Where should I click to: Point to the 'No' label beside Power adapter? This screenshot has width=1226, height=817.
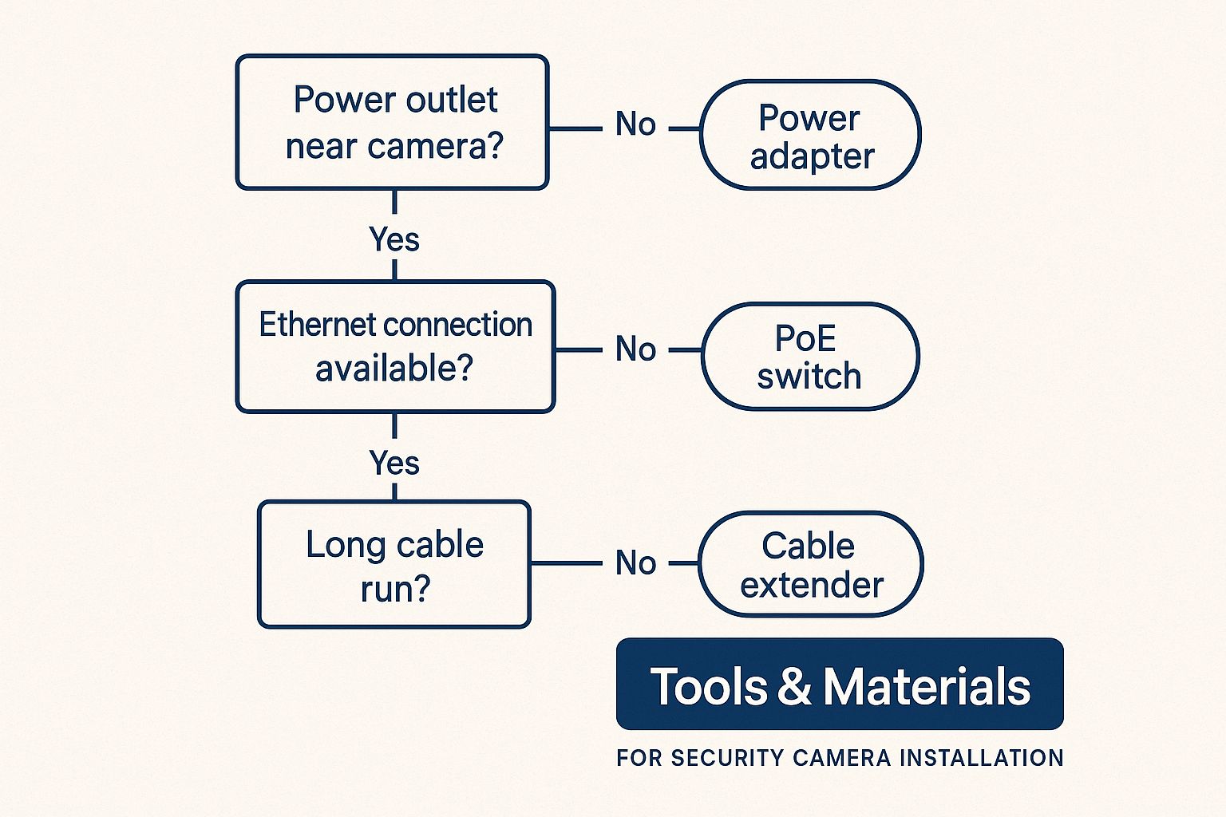(x=635, y=124)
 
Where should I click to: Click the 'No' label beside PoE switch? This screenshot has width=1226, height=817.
(x=635, y=349)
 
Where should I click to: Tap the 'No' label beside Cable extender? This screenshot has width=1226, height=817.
(x=635, y=562)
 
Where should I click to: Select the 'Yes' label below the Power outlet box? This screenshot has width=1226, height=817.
(x=394, y=239)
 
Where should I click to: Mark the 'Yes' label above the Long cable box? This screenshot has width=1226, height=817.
(x=394, y=463)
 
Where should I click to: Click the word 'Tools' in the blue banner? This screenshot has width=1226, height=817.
(x=709, y=686)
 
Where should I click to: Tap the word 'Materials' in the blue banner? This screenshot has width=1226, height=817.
(x=927, y=686)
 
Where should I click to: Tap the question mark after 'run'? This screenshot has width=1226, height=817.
(x=421, y=588)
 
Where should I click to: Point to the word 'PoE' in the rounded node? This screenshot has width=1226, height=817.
(x=805, y=338)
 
